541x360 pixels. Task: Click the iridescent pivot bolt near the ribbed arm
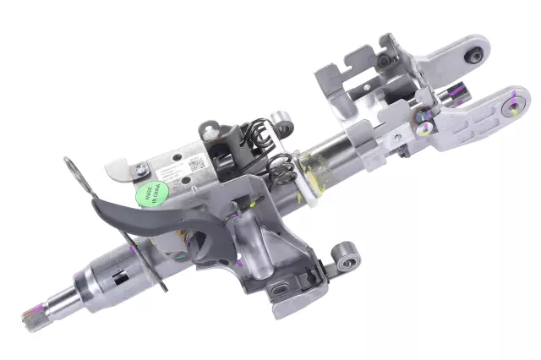[x=426, y=128]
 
